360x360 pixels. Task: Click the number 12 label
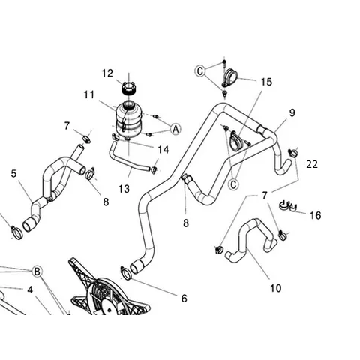click(107, 73)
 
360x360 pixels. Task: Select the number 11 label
click(89, 95)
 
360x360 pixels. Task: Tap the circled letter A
click(175, 129)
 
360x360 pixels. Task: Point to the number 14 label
click(163, 149)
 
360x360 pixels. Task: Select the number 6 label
click(184, 297)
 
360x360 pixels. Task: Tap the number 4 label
click(30, 289)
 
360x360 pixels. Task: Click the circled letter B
click(35, 269)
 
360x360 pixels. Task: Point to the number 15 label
click(266, 81)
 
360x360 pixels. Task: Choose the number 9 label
click(292, 112)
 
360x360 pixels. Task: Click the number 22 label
click(313, 164)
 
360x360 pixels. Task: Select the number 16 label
click(315, 215)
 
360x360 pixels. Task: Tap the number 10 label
click(275, 287)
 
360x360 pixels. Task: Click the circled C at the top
click(200, 70)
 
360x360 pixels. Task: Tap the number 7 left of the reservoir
click(67, 125)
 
